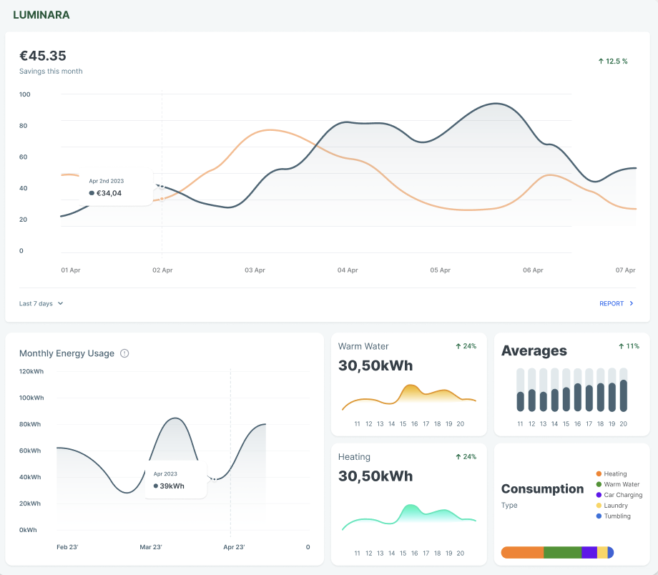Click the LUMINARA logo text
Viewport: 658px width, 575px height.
tap(41, 15)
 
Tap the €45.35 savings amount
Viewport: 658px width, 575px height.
tap(43, 56)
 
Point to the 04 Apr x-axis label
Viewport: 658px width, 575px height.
tap(348, 270)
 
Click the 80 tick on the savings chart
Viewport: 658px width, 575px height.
tap(23, 126)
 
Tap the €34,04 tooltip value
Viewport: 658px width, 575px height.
tap(109, 193)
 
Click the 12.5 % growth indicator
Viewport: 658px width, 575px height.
tap(613, 62)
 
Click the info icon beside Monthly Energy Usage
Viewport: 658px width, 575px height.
tap(124, 353)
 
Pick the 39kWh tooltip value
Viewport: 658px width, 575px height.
tap(172, 486)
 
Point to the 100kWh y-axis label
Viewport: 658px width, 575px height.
tap(31, 398)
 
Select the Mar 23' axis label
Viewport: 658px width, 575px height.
tap(151, 547)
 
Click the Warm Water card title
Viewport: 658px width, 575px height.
tap(363, 346)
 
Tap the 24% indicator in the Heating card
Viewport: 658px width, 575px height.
tap(466, 456)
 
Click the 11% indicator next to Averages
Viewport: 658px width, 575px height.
tap(629, 346)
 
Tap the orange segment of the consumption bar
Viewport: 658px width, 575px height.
tap(523, 552)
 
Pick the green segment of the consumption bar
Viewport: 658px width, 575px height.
tap(562, 552)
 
